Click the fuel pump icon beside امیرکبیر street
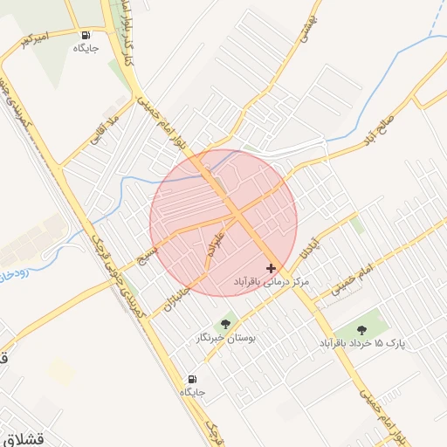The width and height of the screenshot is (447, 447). (x=86, y=36)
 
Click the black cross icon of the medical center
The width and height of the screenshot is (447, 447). (x=271, y=267)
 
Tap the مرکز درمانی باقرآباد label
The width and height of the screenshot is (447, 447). (x=272, y=283)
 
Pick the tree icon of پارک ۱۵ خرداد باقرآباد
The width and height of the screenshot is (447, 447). (x=361, y=330)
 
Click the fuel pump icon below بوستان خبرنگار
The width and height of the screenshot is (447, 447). (x=192, y=379)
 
